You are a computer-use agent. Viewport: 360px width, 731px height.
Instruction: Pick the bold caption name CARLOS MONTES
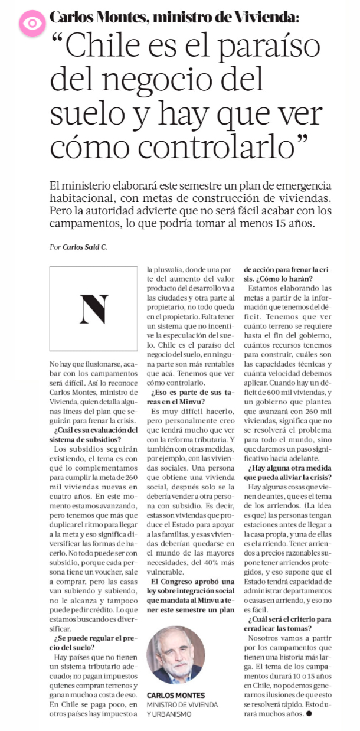(176, 695)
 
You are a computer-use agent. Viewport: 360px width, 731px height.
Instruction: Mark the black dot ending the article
(309, 714)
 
